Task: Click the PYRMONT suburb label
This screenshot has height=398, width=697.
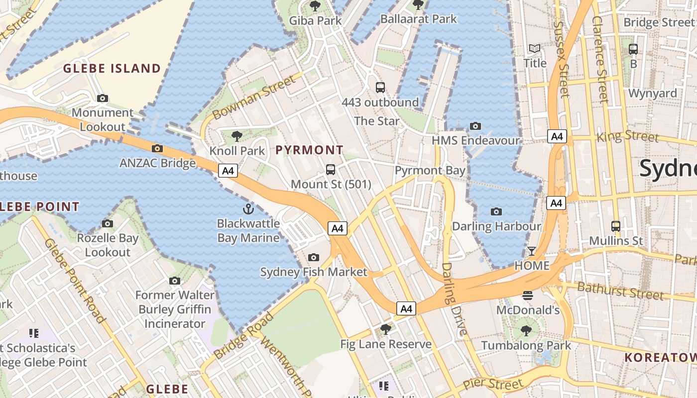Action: pos(309,150)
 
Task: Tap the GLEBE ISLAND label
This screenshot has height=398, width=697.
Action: pos(112,69)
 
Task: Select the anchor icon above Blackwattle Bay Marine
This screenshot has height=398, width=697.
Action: pos(248,208)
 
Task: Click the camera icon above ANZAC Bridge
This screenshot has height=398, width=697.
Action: pos(157,148)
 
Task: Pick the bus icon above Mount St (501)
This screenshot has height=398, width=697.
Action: pos(331,170)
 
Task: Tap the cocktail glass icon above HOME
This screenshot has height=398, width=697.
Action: pos(532,251)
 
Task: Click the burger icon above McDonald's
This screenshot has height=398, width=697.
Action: pos(528,296)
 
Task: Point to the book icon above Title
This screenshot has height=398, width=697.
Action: pos(535,49)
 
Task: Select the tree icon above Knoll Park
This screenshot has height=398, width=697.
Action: pos(237,136)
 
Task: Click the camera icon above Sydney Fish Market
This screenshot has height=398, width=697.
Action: pos(314,257)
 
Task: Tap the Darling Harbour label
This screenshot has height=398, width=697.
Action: pos(496,226)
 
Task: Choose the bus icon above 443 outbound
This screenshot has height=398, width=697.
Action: pos(380,88)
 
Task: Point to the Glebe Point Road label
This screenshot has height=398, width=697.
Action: pos(75,280)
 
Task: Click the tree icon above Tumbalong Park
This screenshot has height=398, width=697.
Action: pos(526,331)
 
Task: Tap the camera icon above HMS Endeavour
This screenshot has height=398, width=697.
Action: pos(475,126)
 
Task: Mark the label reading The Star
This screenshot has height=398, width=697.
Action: pos(377,121)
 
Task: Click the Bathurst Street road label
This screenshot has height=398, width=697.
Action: pos(620,291)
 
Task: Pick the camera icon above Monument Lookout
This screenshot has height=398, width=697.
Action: pos(103,99)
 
